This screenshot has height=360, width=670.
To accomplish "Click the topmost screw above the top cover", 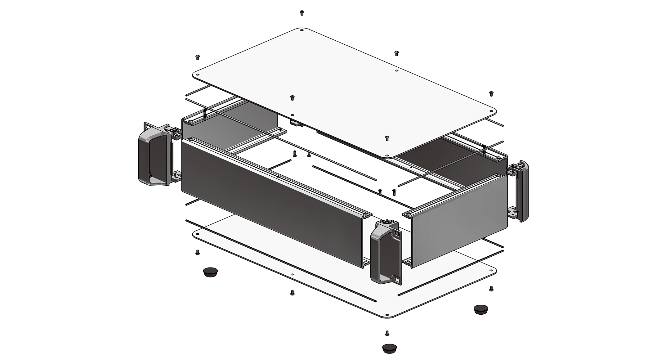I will coord(301,12).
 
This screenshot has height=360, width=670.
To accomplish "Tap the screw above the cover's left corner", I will coord(197,57).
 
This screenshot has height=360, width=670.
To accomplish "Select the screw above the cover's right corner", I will coord(491,93).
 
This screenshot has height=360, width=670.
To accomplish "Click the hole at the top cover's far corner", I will coord(301,30).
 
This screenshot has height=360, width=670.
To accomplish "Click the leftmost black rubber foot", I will coord(210,272).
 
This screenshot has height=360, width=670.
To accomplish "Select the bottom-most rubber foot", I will coord(389,348).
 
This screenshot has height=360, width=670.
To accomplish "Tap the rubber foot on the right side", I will coord(480,309).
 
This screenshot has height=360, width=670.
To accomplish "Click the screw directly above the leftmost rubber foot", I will coord(197,253).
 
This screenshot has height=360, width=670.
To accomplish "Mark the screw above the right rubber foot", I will coord(491,289).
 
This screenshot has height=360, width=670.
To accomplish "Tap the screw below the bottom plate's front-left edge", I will coord(292,292).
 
